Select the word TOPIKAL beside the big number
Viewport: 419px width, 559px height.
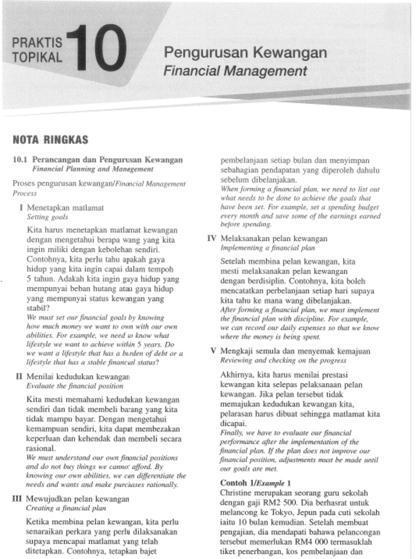[x=37, y=57]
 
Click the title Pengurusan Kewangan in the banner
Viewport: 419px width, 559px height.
[x=246, y=53]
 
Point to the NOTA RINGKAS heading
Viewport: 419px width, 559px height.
[x=50, y=140]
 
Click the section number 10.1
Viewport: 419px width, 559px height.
[x=20, y=160]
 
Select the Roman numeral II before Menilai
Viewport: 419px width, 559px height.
[x=19, y=377]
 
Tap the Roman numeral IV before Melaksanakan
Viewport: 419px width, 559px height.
[x=212, y=239]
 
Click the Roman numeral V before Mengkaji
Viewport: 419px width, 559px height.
[x=213, y=351]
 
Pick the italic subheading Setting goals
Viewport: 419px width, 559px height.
[x=47, y=217]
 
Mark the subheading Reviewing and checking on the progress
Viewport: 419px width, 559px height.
[x=283, y=360]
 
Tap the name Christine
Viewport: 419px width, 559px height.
[x=237, y=492]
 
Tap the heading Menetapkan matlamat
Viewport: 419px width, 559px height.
[x=65, y=208]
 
